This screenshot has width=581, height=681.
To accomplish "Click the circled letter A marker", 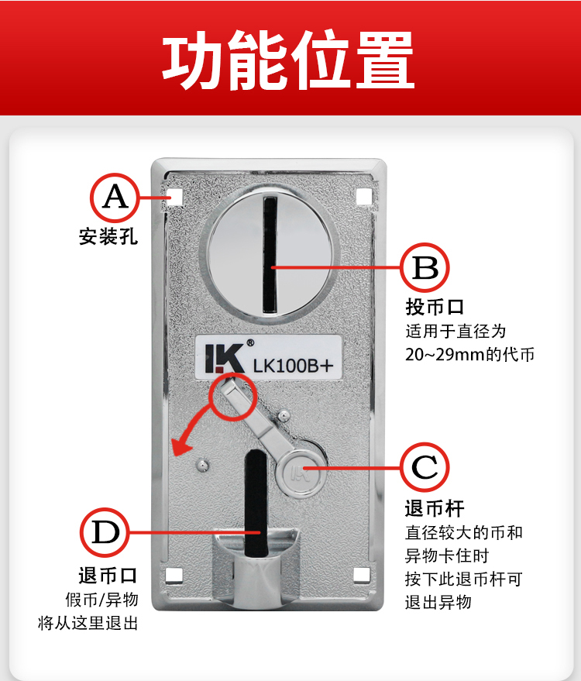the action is tap(115, 198).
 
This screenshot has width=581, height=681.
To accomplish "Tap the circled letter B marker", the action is tap(425, 267).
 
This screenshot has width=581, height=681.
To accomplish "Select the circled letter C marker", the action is tap(425, 467).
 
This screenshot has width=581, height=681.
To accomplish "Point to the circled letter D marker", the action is tap(105, 533).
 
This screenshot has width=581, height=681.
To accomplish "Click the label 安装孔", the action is tap(108, 237).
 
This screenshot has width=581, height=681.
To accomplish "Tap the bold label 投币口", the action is tap(435, 307).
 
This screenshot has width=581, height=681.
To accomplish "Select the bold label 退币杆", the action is tap(435, 508).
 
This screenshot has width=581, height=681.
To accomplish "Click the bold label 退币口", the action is tap(108, 576).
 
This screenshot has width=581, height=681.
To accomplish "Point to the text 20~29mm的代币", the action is tap(470, 354).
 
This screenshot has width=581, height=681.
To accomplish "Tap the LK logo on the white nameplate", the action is tap(224, 358).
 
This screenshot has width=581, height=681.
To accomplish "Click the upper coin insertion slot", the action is tap(270, 255).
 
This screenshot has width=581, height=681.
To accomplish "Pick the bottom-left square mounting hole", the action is tap(174, 576).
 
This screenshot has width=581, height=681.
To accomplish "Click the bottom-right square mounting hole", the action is tap(362, 575).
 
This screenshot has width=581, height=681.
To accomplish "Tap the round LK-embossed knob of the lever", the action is tap(300, 473).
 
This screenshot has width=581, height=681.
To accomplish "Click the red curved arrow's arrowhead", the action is tap(180, 447).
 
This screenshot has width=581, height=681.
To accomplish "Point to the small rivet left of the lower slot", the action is tap(202, 465).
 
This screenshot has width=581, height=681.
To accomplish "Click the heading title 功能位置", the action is tap(288, 60).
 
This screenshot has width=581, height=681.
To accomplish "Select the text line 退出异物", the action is tap(438, 603).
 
